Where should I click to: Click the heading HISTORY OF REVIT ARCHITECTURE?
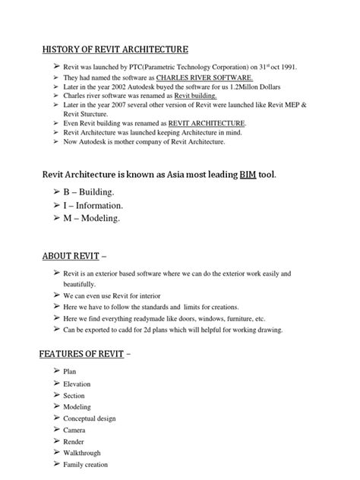coord(115,49)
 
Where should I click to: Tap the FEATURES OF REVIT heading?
coord(82,354)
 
